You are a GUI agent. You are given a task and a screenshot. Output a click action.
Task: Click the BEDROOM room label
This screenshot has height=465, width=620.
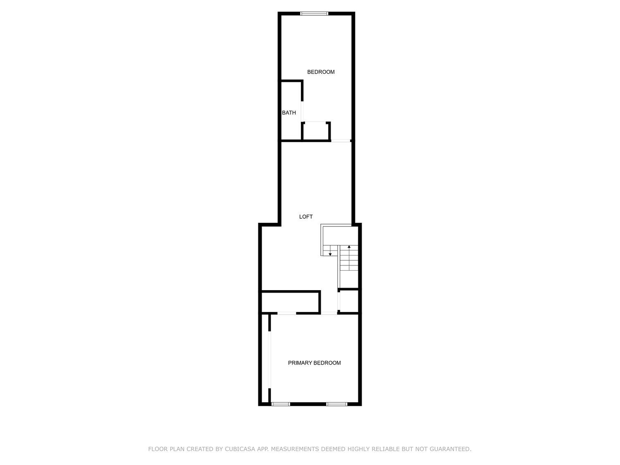321,72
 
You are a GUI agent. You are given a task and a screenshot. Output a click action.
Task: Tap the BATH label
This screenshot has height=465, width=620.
289,113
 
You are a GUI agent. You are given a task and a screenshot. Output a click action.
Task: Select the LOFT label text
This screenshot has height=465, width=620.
305,217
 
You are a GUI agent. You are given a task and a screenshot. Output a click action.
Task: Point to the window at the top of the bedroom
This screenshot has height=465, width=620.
314,13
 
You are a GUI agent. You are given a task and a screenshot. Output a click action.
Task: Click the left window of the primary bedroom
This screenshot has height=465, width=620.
281,404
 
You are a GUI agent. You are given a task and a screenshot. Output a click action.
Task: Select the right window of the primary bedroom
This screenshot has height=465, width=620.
336,404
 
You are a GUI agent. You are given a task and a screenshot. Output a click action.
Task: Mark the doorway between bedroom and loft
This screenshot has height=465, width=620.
340,141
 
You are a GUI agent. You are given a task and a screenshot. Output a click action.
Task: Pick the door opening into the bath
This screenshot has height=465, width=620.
302,112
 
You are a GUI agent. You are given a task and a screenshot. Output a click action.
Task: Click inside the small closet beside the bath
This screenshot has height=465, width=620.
315,131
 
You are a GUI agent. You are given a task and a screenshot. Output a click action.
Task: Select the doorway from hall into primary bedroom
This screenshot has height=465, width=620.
329,313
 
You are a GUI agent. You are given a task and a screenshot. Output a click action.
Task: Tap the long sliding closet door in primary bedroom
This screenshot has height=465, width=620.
269,360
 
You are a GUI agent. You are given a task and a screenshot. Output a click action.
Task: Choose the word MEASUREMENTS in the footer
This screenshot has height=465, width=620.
295,448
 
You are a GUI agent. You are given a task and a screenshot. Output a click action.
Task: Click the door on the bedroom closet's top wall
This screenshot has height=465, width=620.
315,122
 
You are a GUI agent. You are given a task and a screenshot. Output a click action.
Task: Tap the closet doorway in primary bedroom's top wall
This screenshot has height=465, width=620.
286,313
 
